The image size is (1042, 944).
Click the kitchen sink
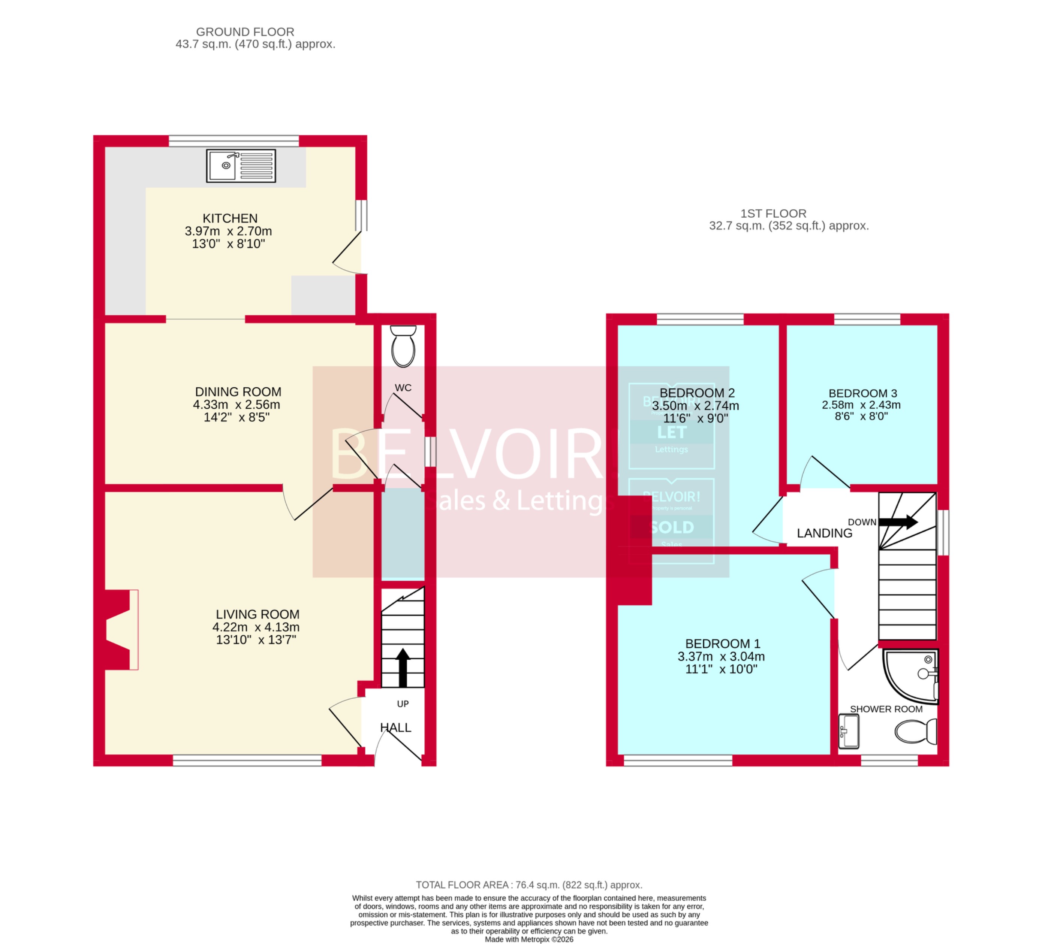coord(241,166)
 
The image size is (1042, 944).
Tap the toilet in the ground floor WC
coord(403,347)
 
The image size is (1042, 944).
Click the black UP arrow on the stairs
coord(403,667)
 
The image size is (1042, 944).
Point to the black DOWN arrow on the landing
coord(898,521)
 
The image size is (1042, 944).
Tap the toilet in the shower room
coord(915,732)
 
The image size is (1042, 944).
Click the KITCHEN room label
coord(230,218)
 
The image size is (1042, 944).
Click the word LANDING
coord(824,533)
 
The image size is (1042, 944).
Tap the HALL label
coord(395,727)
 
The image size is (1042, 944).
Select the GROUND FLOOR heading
coord(245,31)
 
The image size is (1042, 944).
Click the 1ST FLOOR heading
coord(773,214)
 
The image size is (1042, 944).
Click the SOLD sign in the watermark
coord(672,527)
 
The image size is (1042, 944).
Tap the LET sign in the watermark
coord(672,432)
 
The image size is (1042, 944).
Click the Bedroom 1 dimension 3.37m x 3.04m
coord(721,656)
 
